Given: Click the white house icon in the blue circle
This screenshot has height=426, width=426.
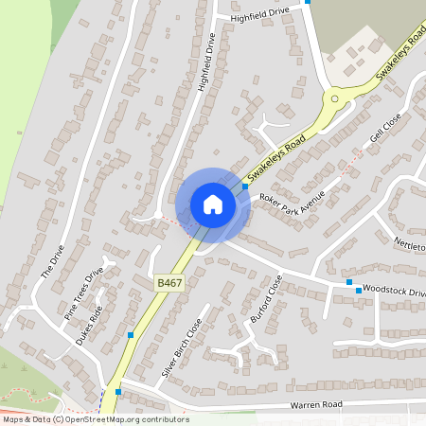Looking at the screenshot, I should (x=212, y=204).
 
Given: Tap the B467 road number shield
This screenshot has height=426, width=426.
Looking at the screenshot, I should (x=168, y=282).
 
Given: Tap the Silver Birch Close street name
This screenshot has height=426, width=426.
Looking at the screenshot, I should (x=182, y=341).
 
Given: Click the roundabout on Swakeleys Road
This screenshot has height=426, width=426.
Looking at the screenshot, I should (x=333, y=98).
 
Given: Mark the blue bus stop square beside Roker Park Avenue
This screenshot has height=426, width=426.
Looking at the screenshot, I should (x=245, y=186).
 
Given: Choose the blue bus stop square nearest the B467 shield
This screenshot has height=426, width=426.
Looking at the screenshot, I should (x=130, y=335).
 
